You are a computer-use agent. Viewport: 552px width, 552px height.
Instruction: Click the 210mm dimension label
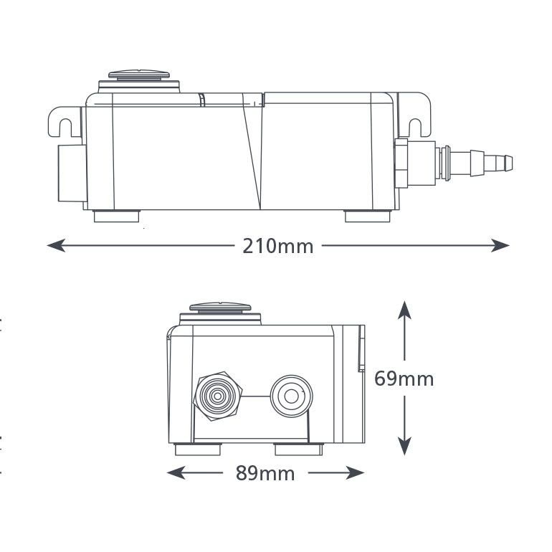tap(278, 246)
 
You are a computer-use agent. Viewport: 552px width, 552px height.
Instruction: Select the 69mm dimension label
tap(404, 378)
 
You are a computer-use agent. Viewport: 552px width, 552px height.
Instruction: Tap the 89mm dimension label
tap(265, 473)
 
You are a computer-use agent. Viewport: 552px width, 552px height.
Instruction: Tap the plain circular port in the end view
tap(291, 394)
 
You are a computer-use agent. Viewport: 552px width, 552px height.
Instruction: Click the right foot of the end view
tap(298, 449)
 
